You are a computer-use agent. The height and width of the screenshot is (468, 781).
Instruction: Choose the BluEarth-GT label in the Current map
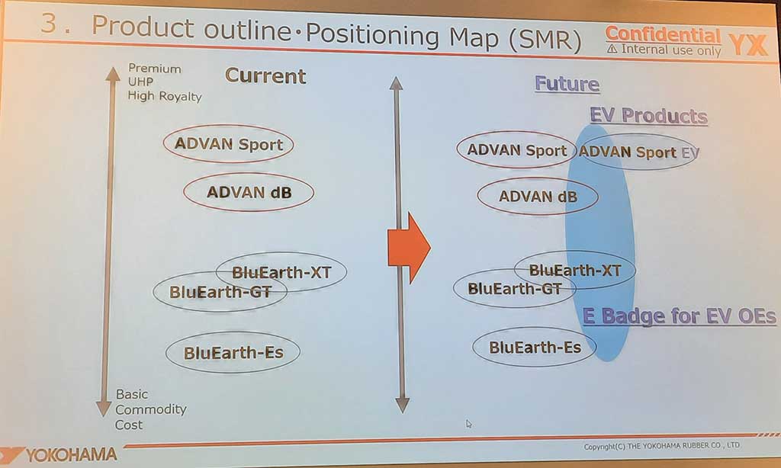220,292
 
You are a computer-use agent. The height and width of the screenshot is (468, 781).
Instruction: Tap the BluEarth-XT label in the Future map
575,271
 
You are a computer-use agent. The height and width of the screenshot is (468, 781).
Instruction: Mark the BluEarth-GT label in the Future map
515,288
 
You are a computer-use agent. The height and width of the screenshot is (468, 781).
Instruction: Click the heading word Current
265,75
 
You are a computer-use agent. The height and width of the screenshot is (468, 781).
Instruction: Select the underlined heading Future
567,84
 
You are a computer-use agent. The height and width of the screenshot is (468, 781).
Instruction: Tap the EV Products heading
648,116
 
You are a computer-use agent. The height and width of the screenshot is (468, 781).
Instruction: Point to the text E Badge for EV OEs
679,316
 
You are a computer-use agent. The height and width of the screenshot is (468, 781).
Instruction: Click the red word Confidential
663,34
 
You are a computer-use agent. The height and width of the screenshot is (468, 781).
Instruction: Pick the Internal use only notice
664,50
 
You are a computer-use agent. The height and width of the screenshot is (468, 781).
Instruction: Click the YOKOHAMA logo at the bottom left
59,454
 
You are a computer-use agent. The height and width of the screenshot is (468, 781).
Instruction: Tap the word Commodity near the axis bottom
150,409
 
